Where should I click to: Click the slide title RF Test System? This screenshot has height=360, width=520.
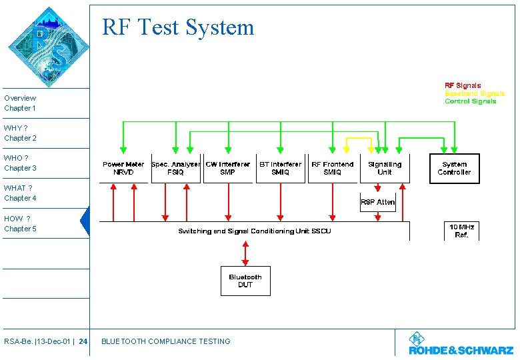178,27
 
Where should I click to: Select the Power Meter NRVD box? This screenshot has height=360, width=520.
123,168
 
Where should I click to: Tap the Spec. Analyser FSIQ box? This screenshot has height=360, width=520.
176,168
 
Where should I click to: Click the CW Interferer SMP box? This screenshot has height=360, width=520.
228,168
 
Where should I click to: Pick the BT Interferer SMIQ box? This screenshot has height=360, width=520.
280,168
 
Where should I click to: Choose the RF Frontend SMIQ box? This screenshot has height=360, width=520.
333,168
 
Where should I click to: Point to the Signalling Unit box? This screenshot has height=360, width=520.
385,168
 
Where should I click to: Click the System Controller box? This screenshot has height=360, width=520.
454,168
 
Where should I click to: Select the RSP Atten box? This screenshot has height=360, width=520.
378,202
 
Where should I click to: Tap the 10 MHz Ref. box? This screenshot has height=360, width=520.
461,231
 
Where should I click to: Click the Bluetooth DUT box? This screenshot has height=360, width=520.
245,281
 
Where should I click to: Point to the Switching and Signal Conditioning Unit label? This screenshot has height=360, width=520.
254,231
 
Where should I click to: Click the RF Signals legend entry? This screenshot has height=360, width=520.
463,85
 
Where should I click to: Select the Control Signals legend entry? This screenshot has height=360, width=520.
470,101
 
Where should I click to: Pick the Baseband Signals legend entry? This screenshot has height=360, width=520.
474,93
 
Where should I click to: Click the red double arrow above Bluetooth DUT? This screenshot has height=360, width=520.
245,253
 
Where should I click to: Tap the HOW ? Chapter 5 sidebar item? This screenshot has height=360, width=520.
20,223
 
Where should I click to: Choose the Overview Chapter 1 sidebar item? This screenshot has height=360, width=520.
20,103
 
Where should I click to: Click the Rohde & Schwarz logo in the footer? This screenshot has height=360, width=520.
461,344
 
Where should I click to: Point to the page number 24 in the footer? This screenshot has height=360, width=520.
83,341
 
